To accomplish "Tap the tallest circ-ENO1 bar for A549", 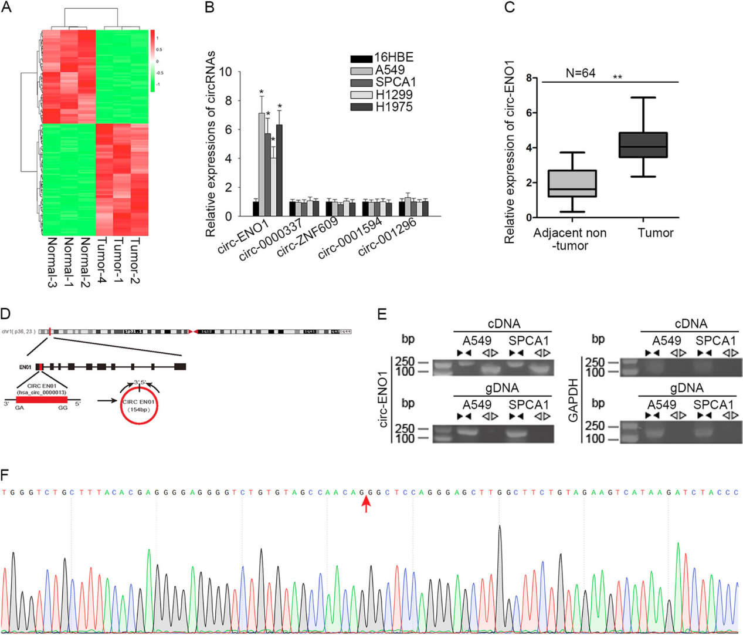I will point(262,164).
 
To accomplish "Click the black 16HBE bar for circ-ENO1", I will point(256,208).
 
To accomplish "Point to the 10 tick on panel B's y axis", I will point(226,72).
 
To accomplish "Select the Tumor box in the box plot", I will point(643,145).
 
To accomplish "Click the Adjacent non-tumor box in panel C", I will point(571,184).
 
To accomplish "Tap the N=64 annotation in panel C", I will point(581,73).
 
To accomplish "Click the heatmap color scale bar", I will point(152,60).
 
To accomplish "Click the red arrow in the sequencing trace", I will point(366,504).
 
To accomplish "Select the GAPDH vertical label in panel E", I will point(573,400).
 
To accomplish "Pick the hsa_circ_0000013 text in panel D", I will point(42,392).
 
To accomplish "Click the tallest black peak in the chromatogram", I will point(500,528).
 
